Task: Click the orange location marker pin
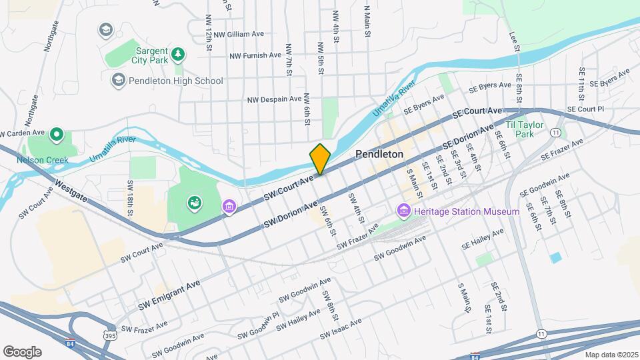(320, 159)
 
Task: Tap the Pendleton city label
(379, 154)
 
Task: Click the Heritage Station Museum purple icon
(403, 211)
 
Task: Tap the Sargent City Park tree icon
(177, 53)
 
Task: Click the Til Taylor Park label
(525, 129)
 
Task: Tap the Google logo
(22, 351)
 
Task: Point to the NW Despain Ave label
(275, 99)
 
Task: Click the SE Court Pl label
(585, 109)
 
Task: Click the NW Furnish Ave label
(255, 55)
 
